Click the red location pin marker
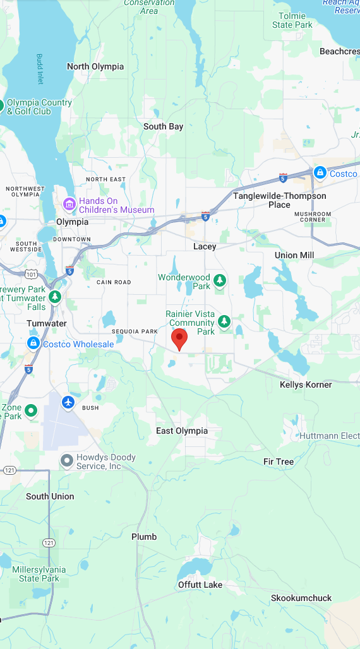click(x=180, y=338)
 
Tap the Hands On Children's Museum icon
click(x=69, y=205)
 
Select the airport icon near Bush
click(x=69, y=402)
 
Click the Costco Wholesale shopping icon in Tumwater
click(x=33, y=343)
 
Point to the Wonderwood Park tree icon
click(x=220, y=280)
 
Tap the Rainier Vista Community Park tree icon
click(x=224, y=323)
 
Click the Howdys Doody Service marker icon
click(x=66, y=461)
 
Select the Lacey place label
click(x=205, y=246)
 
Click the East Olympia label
click(x=182, y=431)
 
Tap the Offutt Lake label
click(x=200, y=585)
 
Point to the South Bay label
click(x=163, y=126)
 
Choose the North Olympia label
click(x=95, y=66)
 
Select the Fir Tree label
click(x=279, y=461)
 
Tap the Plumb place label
click(x=144, y=537)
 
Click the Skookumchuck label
click(x=301, y=598)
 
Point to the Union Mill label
click(x=294, y=255)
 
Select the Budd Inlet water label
click(x=40, y=69)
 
